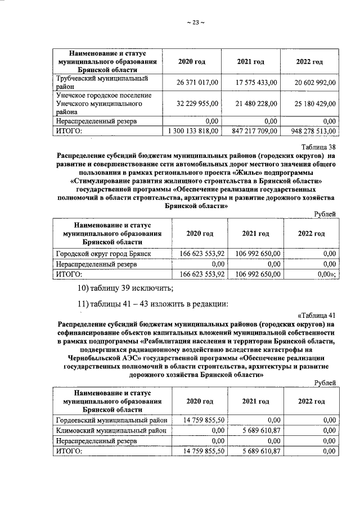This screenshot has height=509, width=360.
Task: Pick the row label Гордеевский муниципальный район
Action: [111, 420]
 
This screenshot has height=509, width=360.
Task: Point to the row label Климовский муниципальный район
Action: [110, 430]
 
